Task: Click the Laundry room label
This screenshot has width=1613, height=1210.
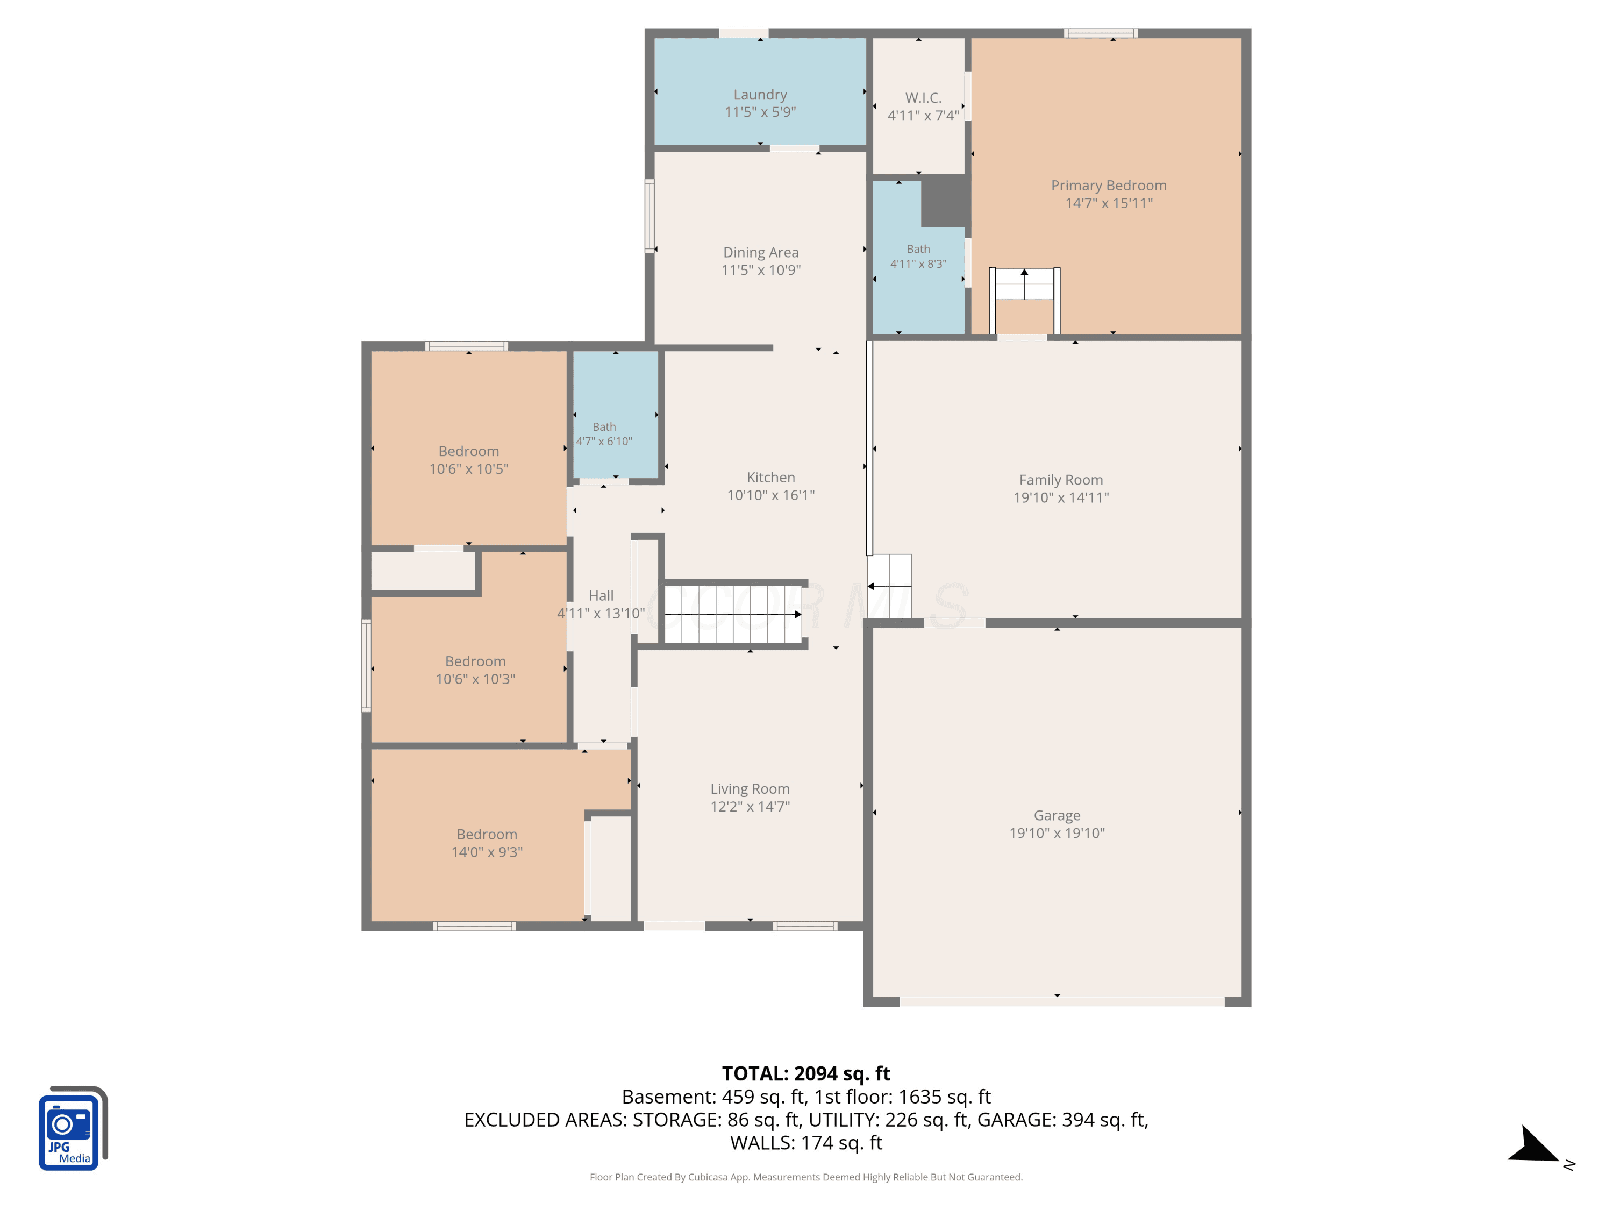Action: (x=760, y=95)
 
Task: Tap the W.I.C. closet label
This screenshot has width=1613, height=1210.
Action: (x=923, y=98)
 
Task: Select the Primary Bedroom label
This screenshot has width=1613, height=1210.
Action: (x=1108, y=185)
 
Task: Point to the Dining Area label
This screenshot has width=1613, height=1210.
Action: (x=761, y=252)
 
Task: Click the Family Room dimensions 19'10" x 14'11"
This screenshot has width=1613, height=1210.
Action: (x=1061, y=497)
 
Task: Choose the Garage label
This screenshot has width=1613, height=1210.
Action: (x=1057, y=815)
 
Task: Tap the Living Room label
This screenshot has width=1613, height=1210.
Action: (x=750, y=789)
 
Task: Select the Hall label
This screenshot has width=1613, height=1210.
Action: (x=601, y=596)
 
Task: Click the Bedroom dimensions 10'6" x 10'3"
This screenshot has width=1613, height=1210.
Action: (x=475, y=679)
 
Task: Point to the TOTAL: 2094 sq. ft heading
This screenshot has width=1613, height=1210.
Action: (x=806, y=1073)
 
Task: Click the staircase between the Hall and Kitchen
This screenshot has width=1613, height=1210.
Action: (x=733, y=614)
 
